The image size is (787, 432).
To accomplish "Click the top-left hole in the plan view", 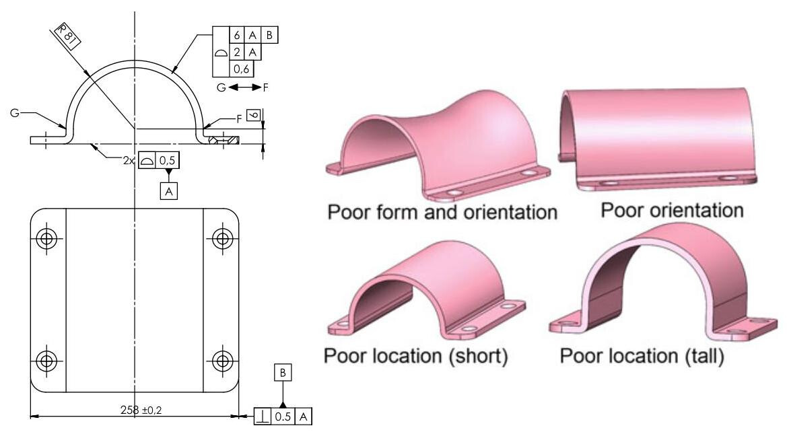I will tap(48, 238).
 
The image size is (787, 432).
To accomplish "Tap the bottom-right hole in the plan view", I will tap(222, 361).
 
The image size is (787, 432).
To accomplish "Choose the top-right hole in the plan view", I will tap(222, 238).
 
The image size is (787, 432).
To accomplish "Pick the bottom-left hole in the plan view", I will tap(48, 361).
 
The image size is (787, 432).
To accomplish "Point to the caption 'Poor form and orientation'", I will tap(442, 213).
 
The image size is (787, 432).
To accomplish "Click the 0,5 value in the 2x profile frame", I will tap(167, 162).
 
